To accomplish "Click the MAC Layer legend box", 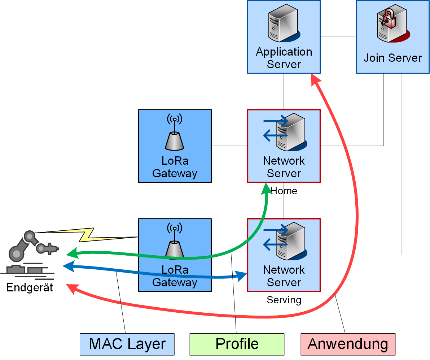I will (x=127, y=344).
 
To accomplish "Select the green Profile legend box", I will (x=237, y=344).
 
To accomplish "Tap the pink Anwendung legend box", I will (x=348, y=344).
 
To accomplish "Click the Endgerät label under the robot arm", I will (x=30, y=288).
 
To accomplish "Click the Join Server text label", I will (x=392, y=58).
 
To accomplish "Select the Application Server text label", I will (x=284, y=58).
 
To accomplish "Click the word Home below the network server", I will (x=284, y=191).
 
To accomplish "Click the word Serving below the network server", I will (x=284, y=300).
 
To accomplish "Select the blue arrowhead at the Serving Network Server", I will (x=241, y=276).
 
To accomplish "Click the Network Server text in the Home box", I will (x=284, y=167).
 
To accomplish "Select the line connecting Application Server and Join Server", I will (x=338, y=37).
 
